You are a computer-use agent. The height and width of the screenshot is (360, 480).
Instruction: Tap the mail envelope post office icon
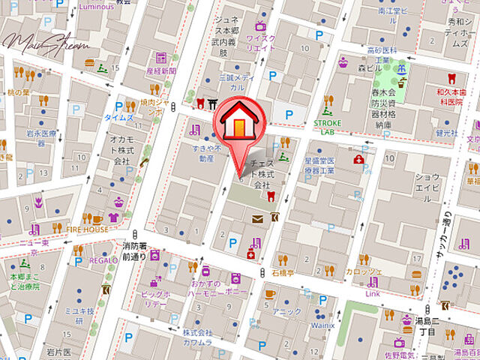258,219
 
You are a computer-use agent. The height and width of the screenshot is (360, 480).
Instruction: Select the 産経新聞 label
161,70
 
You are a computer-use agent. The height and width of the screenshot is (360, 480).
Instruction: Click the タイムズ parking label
119,118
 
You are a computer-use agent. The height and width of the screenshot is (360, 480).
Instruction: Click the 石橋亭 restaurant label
283,274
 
